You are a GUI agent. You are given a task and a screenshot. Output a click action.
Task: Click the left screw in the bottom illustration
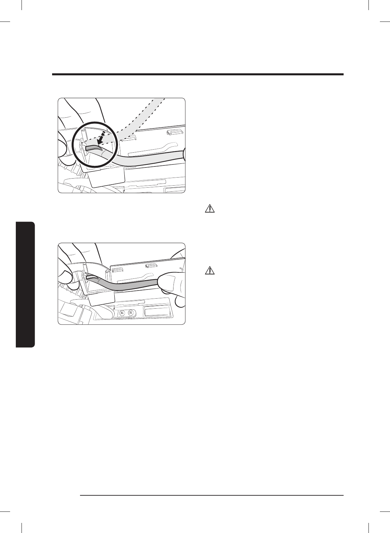coord(122,313)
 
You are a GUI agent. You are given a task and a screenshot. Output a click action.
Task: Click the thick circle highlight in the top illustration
coord(73,145)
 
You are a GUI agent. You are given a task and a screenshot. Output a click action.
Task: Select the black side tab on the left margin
coord(25,284)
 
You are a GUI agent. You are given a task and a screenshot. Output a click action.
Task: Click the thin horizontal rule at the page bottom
coord(212,495)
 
